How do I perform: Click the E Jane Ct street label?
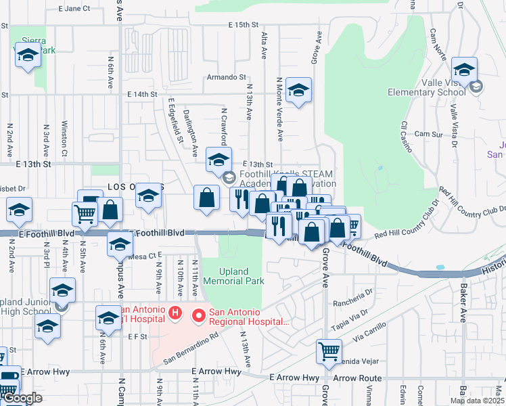pos(74,9)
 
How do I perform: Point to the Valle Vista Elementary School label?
pos(430,87)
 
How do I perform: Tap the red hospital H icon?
pos(175,313)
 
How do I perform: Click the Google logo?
pos(22,398)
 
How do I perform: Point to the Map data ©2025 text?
pos(476,401)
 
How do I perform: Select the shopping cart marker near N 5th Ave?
pos(85,214)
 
